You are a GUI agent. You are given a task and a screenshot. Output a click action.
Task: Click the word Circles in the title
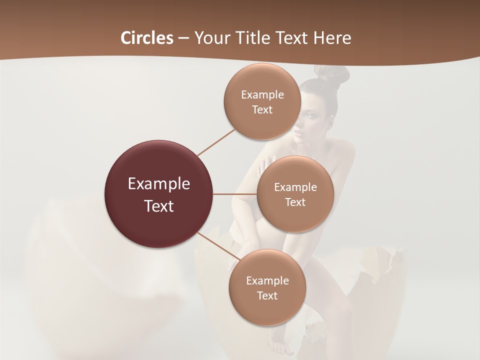point(147,38)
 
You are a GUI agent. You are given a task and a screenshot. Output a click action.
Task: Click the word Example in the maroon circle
point(159,184)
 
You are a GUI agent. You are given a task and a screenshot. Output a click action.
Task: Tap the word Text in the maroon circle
point(159,206)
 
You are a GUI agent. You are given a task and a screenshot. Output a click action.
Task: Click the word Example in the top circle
point(262,95)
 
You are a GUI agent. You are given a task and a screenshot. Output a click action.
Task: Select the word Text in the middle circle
point(295,202)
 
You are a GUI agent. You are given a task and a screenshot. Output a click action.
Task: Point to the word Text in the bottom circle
point(267,296)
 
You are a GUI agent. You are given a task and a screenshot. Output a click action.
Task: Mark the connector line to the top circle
point(216,142)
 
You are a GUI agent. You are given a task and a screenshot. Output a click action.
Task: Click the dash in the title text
point(183,38)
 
